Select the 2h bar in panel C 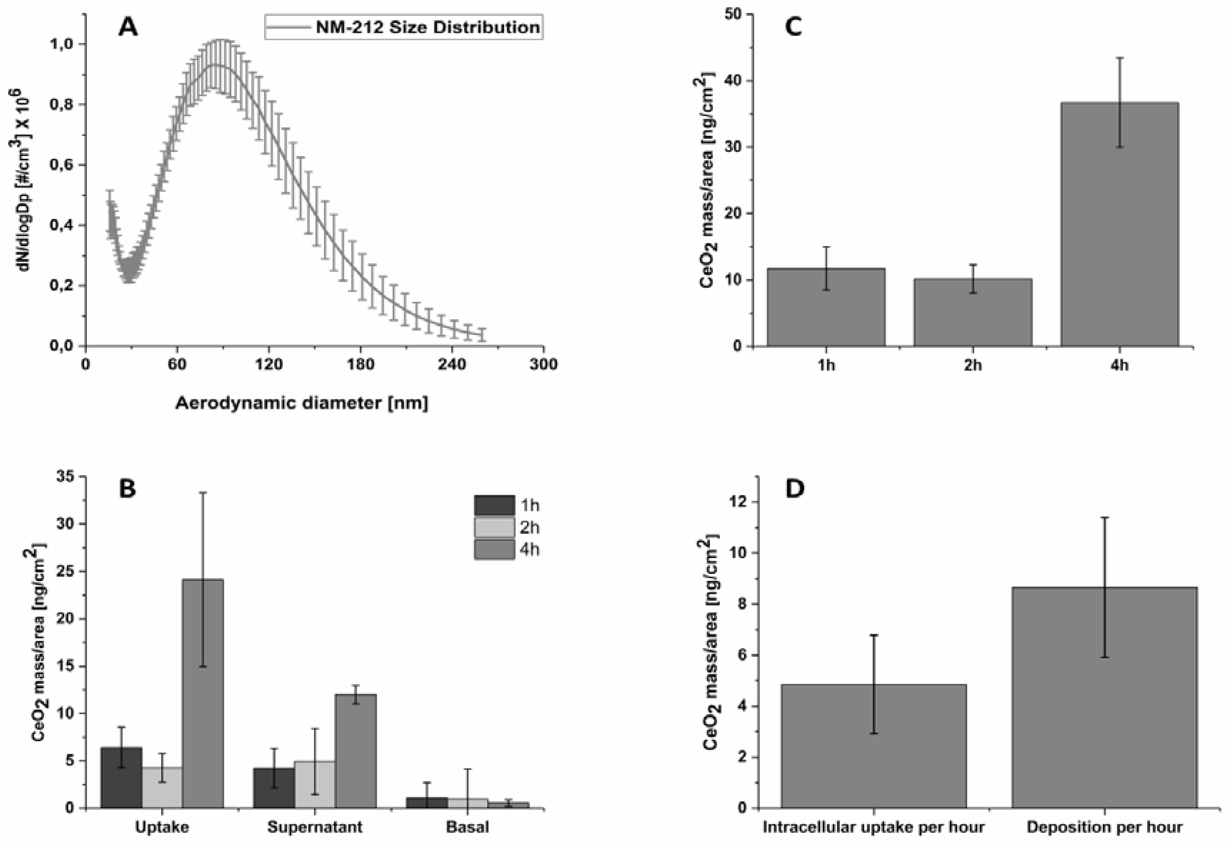pos(973,313)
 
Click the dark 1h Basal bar pos(427,803)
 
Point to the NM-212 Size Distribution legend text pos(428,27)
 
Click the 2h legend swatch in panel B pos(494,528)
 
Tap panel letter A pos(128,27)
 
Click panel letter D pos(795,489)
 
